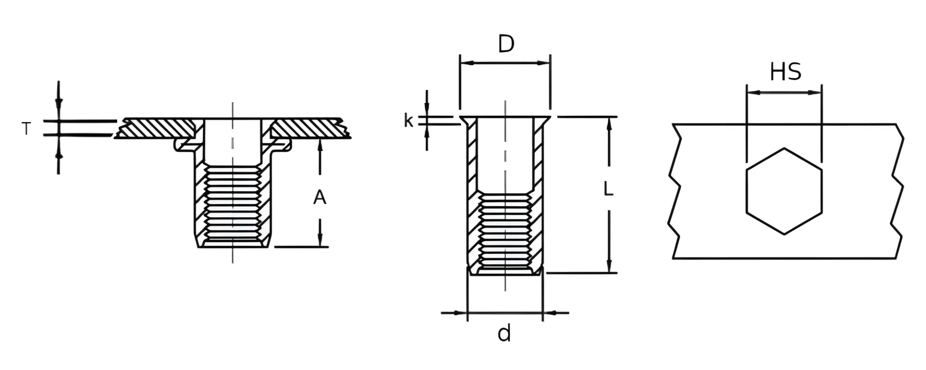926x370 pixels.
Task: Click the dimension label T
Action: [26, 129]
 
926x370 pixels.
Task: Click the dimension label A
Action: [319, 198]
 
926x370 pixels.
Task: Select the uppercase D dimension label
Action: [506, 44]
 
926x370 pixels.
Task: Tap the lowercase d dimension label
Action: [504, 333]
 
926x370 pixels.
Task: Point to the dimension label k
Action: [408, 120]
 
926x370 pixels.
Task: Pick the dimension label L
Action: [608, 189]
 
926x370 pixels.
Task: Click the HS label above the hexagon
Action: [785, 72]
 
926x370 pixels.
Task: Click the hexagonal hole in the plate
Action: [784, 191]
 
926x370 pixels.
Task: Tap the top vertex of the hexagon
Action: [784, 148]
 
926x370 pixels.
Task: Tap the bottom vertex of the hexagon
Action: [784, 234]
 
